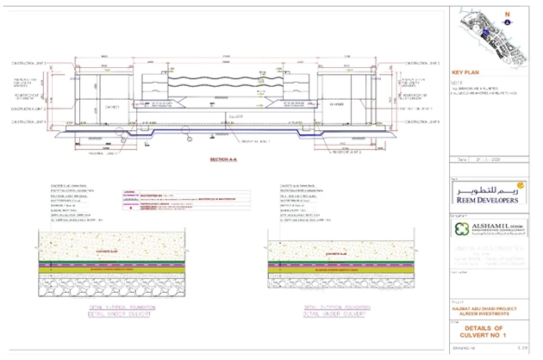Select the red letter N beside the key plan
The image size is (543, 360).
508,13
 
